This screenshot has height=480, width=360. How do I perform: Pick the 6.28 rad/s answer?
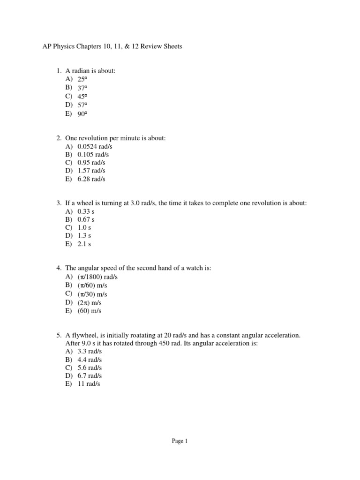[x=91, y=179]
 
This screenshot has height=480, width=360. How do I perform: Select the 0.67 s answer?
[x=86, y=219]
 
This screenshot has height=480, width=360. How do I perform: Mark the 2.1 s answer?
[x=84, y=244]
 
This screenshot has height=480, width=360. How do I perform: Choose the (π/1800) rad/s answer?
[x=97, y=277]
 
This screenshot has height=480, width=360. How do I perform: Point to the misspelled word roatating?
[x=136, y=336]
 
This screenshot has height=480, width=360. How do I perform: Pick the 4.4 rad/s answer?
[x=90, y=360]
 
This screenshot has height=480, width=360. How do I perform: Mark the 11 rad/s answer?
[x=89, y=384]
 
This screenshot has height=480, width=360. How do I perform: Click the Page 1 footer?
[x=180, y=441]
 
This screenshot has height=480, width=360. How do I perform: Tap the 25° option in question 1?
[x=82, y=79]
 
